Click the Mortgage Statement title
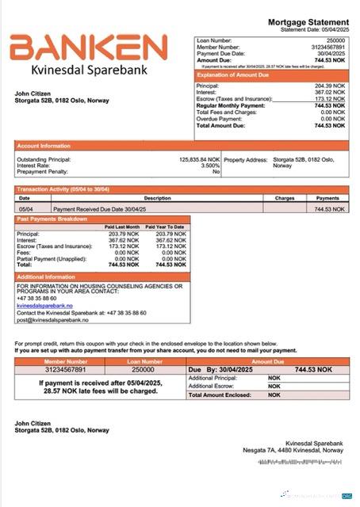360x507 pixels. coord(308,22)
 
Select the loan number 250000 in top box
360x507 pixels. coord(335,39)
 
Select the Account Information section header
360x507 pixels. coord(44,145)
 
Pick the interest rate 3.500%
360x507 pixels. coord(209,165)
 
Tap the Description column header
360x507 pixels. coord(157,198)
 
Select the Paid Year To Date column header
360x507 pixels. coord(168,227)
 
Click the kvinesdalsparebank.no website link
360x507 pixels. coord(44,305)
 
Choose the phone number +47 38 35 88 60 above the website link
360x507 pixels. coord(36,298)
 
